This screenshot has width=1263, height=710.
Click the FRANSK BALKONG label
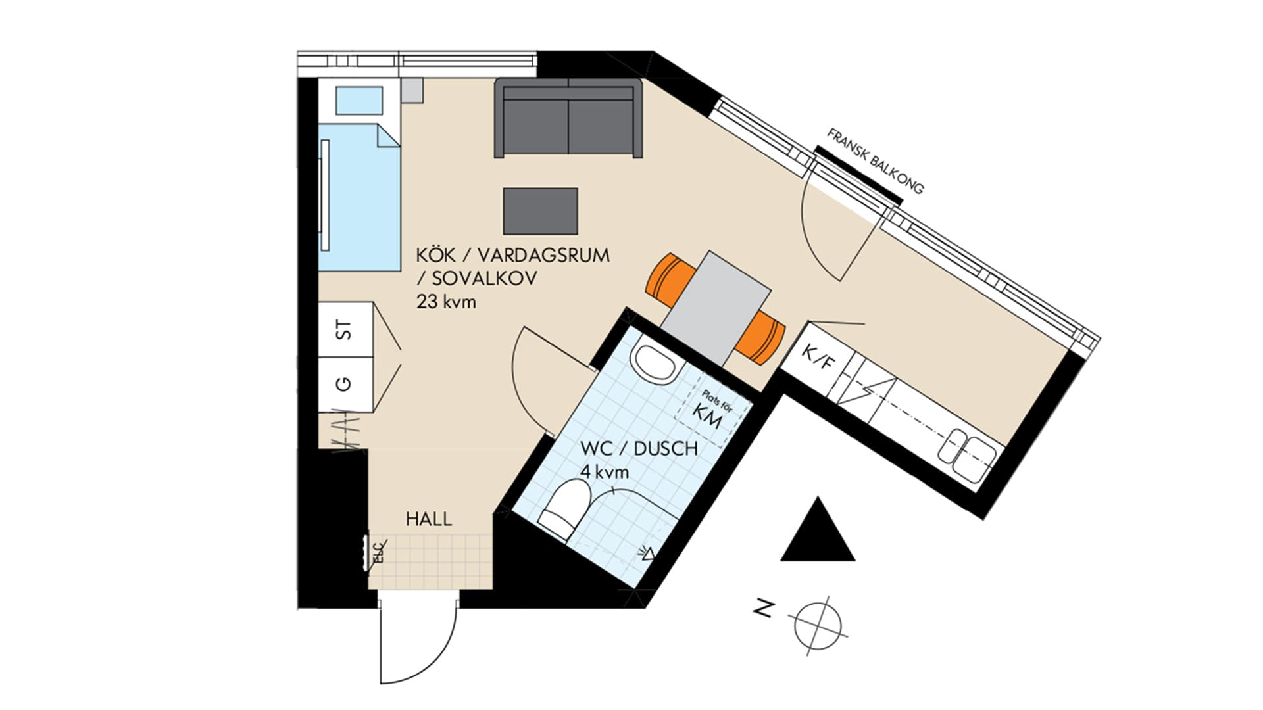click(x=876, y=161)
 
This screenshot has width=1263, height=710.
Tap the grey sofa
click(x=568, y=118)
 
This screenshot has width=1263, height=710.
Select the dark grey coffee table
click(x=541, y=211)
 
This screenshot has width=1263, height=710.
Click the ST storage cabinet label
click(x=344, y=330)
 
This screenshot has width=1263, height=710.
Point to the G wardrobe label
click(x=344, y=385)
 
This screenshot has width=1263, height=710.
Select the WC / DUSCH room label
click(x=639, y=448)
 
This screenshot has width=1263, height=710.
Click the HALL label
click(x=429, y=519)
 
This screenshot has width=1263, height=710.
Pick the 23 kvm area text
click(x=445, y=302)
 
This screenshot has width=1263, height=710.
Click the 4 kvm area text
click(x=605, y=472)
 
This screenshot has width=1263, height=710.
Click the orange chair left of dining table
click(x=669, y=279)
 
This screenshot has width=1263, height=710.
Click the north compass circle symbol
click(x=818, y=621)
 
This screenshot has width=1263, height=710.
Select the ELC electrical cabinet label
click(x=378, y=554)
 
